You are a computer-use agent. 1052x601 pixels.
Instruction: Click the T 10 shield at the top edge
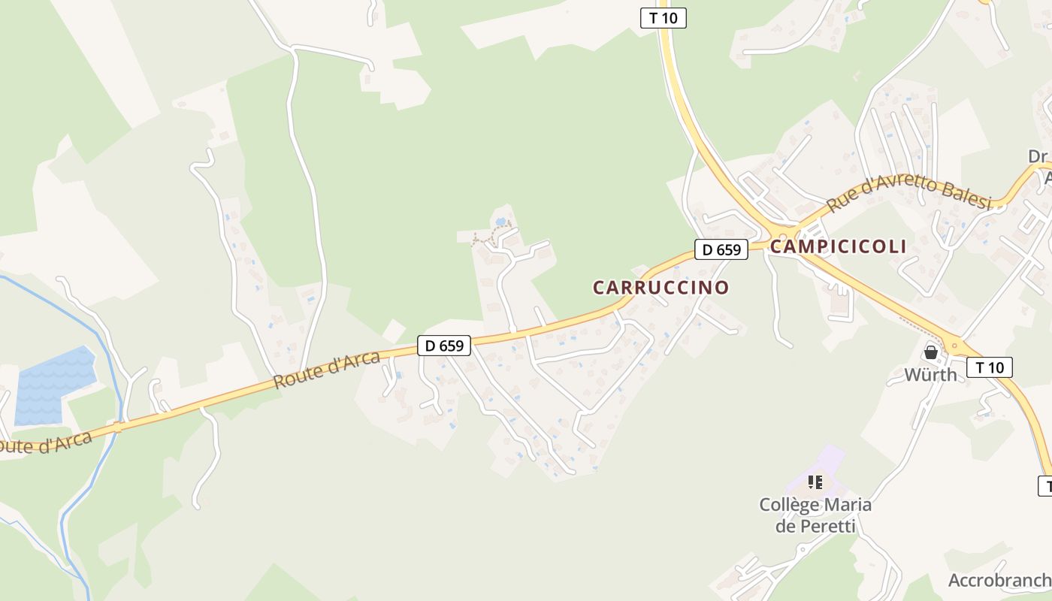point(664,17)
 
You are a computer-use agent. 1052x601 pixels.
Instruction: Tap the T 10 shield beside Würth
point(990,367)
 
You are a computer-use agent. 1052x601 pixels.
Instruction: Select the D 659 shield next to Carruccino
point(721,249)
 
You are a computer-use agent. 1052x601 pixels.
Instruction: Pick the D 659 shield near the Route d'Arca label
point(444,346)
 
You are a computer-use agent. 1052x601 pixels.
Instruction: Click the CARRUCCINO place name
point(661,288)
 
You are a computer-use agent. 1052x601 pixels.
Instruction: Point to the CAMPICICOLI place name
point(838,246)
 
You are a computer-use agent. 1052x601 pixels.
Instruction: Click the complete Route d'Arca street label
point(326,370)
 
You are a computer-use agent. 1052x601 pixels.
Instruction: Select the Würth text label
point(930,374)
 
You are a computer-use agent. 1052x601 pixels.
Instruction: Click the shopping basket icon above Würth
point(931,352)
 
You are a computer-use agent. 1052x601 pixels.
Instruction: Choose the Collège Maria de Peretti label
point(815,515)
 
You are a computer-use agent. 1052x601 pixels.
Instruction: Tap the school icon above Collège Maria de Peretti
point(815,482)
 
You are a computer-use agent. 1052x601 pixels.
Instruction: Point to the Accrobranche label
point(999,580)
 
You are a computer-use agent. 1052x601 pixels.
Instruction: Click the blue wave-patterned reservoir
point(54,385)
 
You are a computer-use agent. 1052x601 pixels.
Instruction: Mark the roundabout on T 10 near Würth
point(955,346)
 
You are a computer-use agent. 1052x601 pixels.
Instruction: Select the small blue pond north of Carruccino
point(500,222)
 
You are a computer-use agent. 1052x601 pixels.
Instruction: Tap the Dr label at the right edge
point(1039,156)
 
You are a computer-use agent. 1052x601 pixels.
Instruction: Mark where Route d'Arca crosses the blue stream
point(117,427)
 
